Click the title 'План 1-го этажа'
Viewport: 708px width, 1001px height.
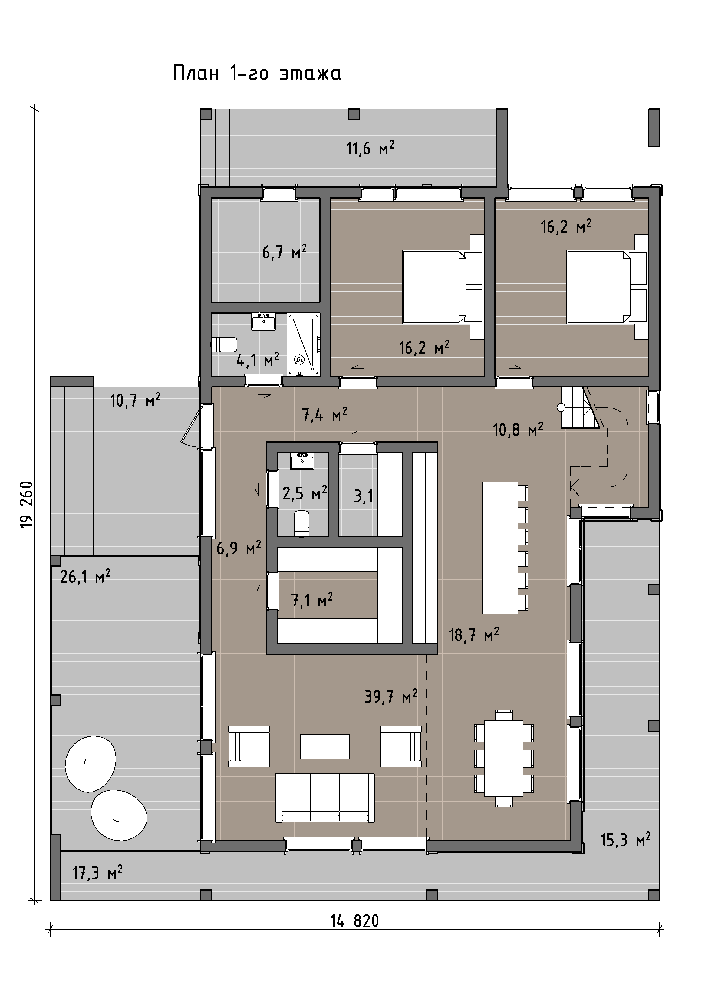257,73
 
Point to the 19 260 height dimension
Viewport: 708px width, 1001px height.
27,504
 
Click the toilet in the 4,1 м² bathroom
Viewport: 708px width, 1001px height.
224,344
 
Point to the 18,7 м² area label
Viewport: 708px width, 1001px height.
474,635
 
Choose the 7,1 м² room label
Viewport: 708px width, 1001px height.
312,600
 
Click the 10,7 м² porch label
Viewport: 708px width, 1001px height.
135,400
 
